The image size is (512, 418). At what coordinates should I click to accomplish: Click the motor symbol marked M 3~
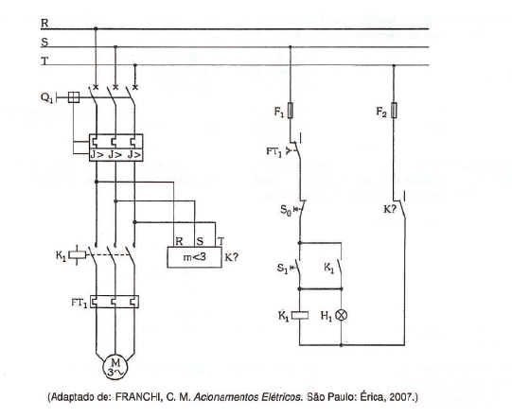click(115, 367)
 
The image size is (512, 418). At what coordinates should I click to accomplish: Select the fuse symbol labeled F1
click(291, 111)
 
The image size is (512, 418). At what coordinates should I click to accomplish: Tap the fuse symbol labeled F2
click(394, 111)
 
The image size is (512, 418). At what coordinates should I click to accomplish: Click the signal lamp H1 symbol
click(342, 315)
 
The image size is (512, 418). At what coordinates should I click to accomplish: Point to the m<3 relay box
click(195, 257)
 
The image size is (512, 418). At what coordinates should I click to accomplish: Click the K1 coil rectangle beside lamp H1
click(300, 315)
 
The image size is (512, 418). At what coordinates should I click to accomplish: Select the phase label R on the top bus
click(44, 23)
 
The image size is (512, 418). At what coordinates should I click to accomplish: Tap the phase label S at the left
click(44, 43)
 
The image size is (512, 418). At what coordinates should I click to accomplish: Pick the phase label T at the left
click(44, 61)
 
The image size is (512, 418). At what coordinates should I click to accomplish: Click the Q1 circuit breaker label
click(47, 97)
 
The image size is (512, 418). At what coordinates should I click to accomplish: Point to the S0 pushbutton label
click(286, 210)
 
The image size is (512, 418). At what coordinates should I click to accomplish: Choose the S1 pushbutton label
click(282, 269)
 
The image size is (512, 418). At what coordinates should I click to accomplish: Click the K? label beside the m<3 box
click(232, 257)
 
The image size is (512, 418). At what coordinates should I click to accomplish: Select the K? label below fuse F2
click(389, 209)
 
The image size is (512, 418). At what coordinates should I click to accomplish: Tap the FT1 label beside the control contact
click(274, 151)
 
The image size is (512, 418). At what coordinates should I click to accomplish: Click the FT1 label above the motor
click(79, 303)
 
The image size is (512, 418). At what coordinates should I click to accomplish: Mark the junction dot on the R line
click(96, 28)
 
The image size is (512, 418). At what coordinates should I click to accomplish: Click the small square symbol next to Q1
click(74, 97)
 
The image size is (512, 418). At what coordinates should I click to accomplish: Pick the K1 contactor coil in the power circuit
click(78, 254)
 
